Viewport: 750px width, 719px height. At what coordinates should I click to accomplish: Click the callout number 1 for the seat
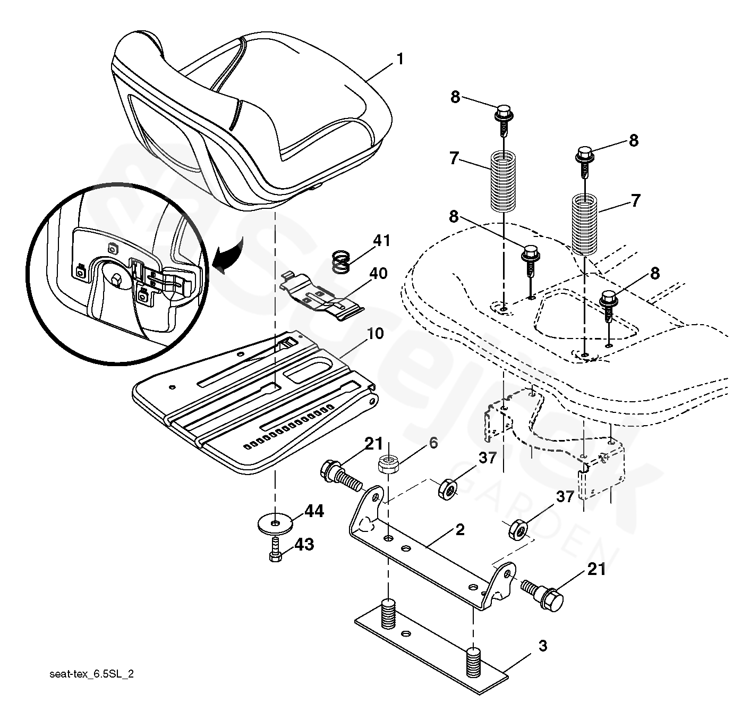399,59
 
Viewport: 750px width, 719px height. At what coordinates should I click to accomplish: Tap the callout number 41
381,241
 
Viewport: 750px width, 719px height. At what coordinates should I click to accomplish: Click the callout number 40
379,274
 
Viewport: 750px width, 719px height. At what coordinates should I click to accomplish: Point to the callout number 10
374,334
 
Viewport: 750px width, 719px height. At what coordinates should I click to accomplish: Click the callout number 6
433,443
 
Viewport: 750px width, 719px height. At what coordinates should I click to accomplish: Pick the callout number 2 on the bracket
460,530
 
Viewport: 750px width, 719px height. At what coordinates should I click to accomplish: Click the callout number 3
542,646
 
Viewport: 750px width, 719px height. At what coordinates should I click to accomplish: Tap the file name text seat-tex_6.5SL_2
91,674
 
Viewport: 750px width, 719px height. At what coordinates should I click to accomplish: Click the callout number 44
314,512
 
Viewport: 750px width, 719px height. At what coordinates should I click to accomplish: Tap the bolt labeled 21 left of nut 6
338,474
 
